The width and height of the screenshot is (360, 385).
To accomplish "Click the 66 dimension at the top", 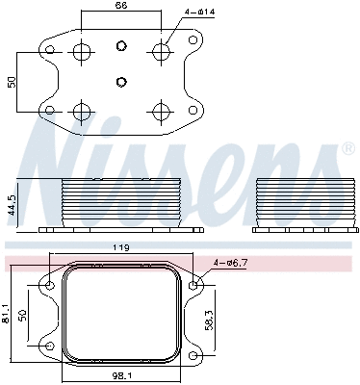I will pyautogui.click(x=120, y=7).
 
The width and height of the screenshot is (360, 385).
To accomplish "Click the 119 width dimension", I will pyautogui.click(x=121, y=248).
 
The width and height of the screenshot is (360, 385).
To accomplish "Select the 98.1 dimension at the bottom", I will pyautogui.click(x=121, y=377).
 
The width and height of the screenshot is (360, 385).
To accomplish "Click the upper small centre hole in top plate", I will pyautogui.click(x=120, y=47).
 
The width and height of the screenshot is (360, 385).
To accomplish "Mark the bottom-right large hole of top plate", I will pyautogui.click(x=160, y=109).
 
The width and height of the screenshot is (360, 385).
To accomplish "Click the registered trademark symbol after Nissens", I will pyautogui.click(x=347, y=149).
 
